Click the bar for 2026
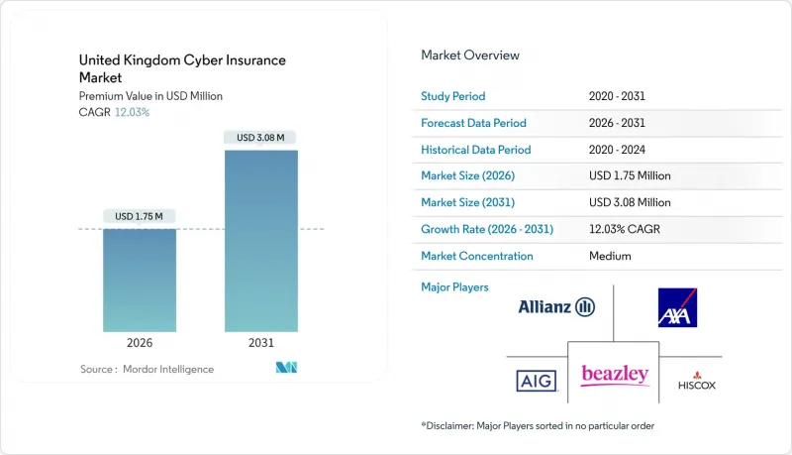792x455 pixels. (x=140, y=280)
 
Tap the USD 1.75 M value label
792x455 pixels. (x=140, y=216)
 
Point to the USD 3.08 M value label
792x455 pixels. (x=261, y=137)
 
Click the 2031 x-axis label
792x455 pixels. (x=261, y=343)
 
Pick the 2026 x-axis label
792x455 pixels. (x=140, y=343)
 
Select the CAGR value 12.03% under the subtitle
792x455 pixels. (x=133, y=112)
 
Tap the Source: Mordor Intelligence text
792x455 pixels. (x=147, y=369)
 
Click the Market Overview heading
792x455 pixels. (x=470, y=56)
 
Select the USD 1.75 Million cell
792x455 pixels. (x=630, y=175)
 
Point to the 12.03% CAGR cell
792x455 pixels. (x=626, y=229)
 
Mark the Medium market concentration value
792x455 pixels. (x=611, y=256)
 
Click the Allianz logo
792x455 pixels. (x=556, y=307)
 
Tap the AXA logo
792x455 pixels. (x=677, y=307)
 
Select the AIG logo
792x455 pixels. (x=536, y=381)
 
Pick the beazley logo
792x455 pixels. (x=615, y=374)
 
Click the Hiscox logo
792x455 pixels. (x=697, y=381)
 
